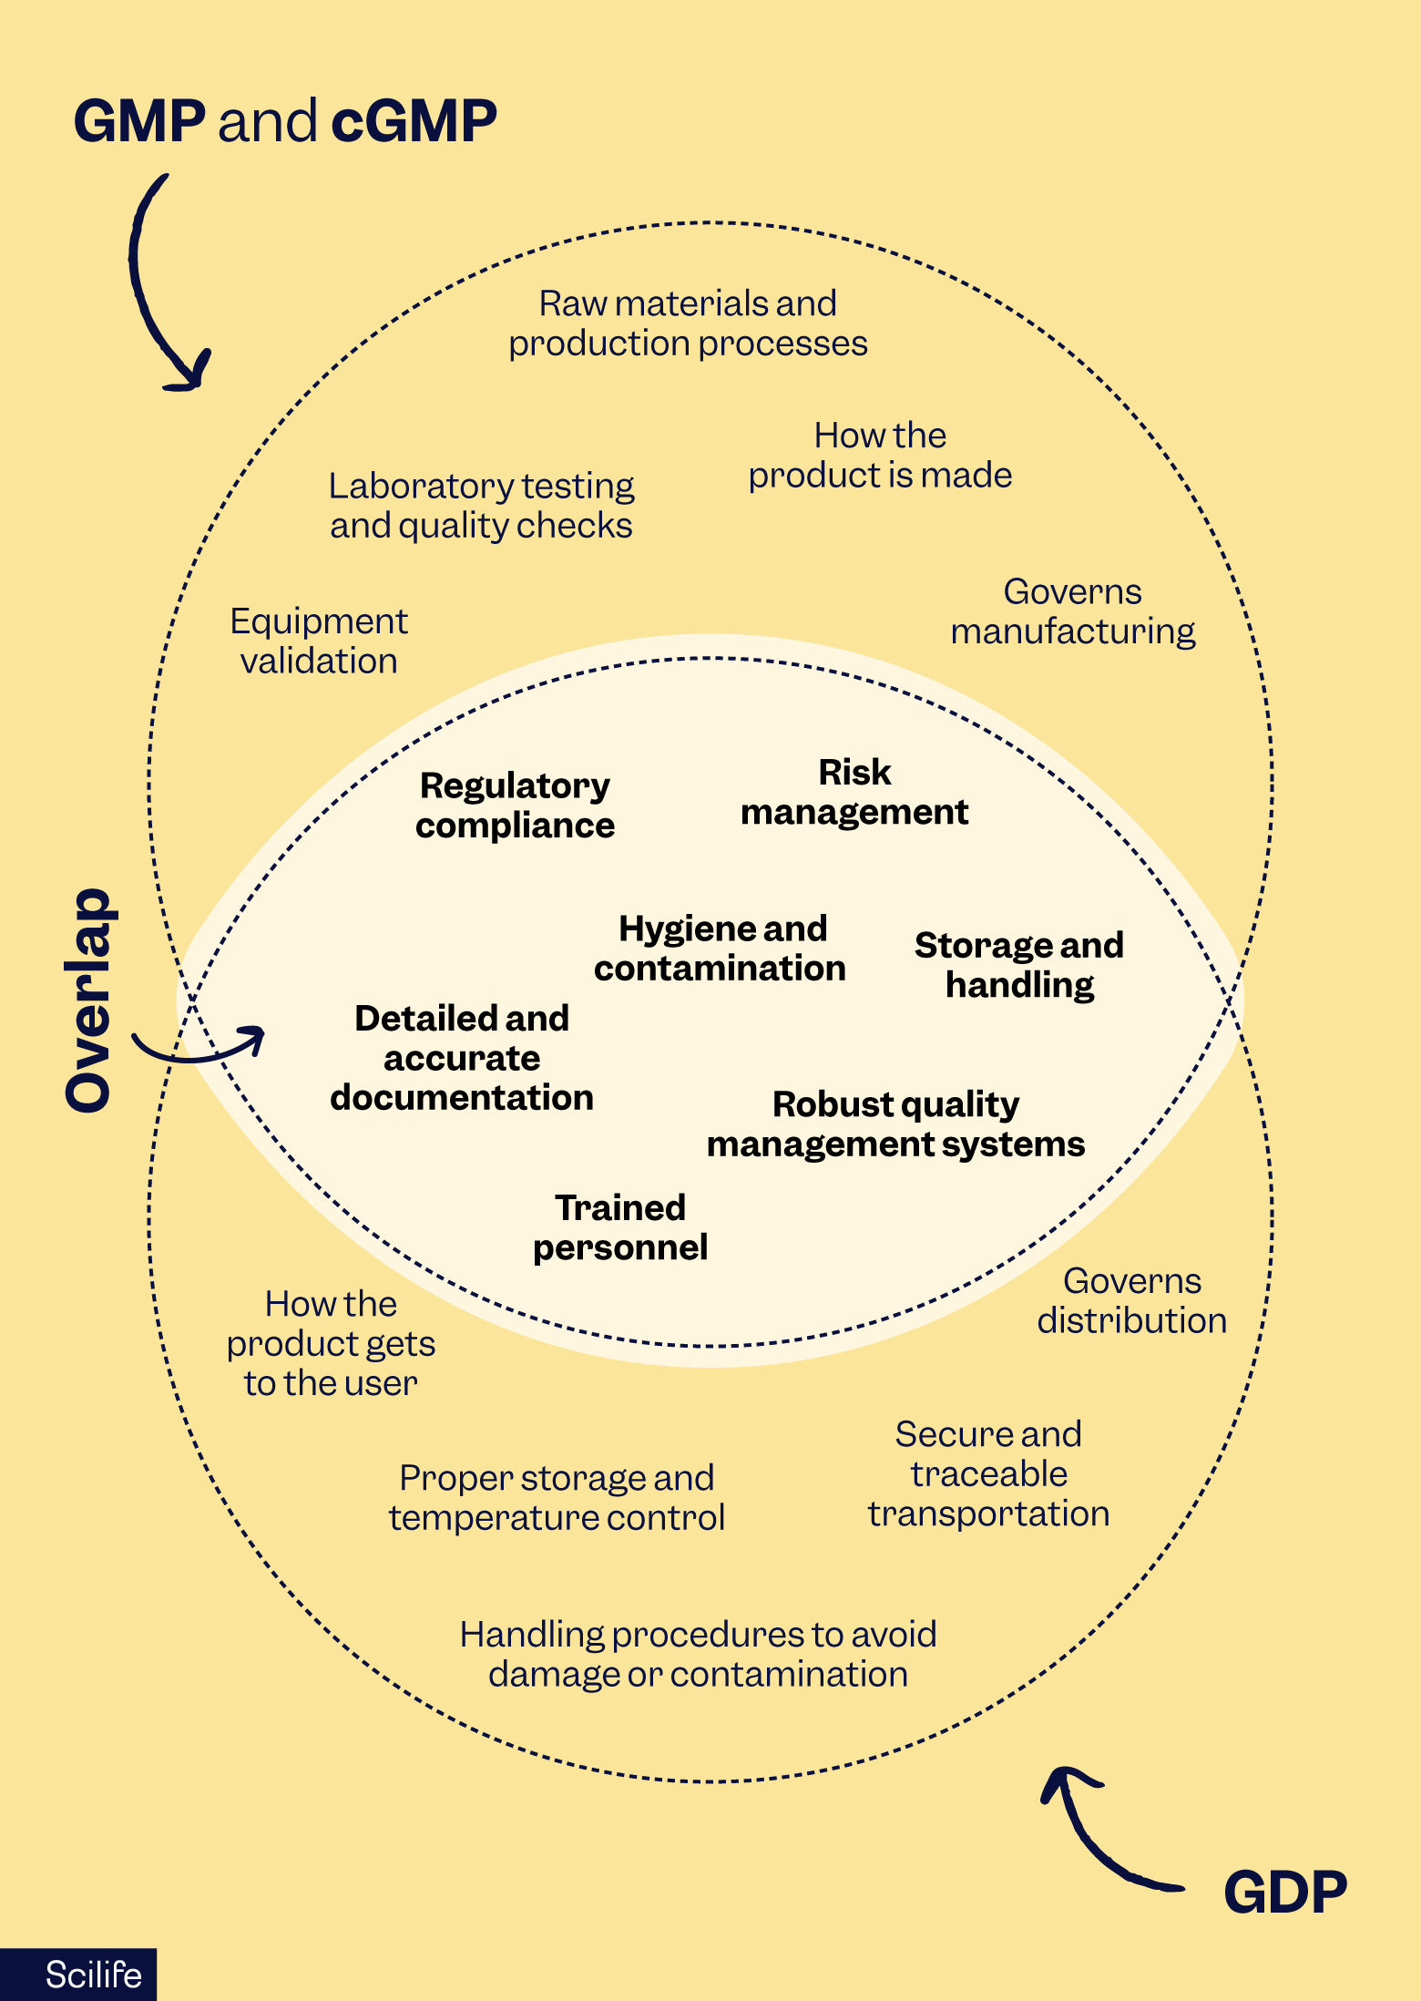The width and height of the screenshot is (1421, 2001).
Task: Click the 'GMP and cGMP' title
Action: pyautogui.click(x=285, y=121)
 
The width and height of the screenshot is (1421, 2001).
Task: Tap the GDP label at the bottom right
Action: pyautogui.click(x=1284, y=1893)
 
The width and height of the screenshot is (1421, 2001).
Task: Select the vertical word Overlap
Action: pyautogui.click(x=89, y=1000)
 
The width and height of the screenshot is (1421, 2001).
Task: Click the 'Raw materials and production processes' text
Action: pyautogui.click(x=688, y=323)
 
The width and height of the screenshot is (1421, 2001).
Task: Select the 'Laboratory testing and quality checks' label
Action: pyautogui.click(x=481, y=506)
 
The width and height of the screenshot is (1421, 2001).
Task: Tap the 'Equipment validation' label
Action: pyautogui.click(x=319, y=641)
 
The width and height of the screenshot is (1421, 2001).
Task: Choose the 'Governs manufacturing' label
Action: pyautogui.click(x=1073, y=611)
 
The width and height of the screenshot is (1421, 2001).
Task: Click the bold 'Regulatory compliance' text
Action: pyautogui.click(x=515, y=805)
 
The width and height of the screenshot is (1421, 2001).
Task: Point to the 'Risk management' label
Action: pyautogui.click(x=854, y=792)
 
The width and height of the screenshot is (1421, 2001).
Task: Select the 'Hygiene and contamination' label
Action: pyautogui.click(x=721, y=949)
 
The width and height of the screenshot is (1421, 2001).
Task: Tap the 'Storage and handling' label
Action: pyautogui.click(x=1019, y=965)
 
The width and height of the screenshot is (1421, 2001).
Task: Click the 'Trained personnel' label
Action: pyautogui.click(x=620, y=1227)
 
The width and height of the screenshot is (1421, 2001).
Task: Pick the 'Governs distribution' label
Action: pyautogui.click(x=1132, y=1300)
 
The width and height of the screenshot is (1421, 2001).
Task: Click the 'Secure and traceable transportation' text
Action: pyautogui.click(x=988, y=1473)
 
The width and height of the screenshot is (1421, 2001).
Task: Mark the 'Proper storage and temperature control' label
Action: pyautogui.click(x=557, y=1497)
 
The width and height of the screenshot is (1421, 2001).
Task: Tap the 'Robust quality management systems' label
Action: pyautogui.click(x=896, y=1124)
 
